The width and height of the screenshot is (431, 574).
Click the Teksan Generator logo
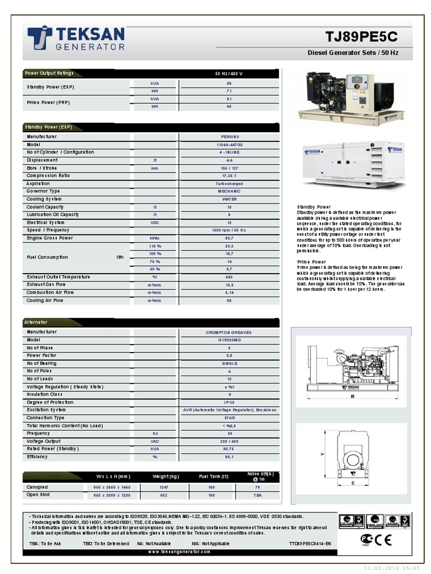pyautogui.click(x=76, y=38)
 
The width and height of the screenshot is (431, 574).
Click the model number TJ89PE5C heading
pyautogui.click(x=361, y=37)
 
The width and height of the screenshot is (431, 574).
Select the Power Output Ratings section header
pyautogui.click(x=49, y=73)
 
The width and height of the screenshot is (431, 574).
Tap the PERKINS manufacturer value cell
pyautogui.click(x=230, y=137)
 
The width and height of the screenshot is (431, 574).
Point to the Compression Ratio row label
pyautogui.click(x=48, y=175)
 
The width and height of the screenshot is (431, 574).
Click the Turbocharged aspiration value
pyautogui.click(x=230, y=184)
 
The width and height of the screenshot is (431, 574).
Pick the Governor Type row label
pyautogui.click(x=43, y=191)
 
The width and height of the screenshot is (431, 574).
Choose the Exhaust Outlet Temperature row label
pyautogui.click(x=58, y=277)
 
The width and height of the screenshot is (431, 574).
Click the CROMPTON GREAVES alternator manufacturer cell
pyautogui.click(x=229, y=332)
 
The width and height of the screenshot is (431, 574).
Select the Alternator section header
pyautogui.click(x=36, y=322)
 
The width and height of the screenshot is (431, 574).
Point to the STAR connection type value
pyautogui.click(x=229, y=418)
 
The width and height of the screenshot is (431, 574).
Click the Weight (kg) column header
pyautogui.click(x=166, y=476)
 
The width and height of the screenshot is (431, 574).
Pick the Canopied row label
pyautogui.click(x=38, y=487)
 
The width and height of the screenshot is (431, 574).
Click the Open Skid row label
pyautogui.click(x=38, y=495)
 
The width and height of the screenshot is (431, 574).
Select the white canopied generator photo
pyautogui.click(x=354, y=164)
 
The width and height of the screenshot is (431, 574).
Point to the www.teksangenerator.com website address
pyautogui.click(x=180, y=552)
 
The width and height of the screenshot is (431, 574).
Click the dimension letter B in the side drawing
pyautogui.click(x=352, y=396)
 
